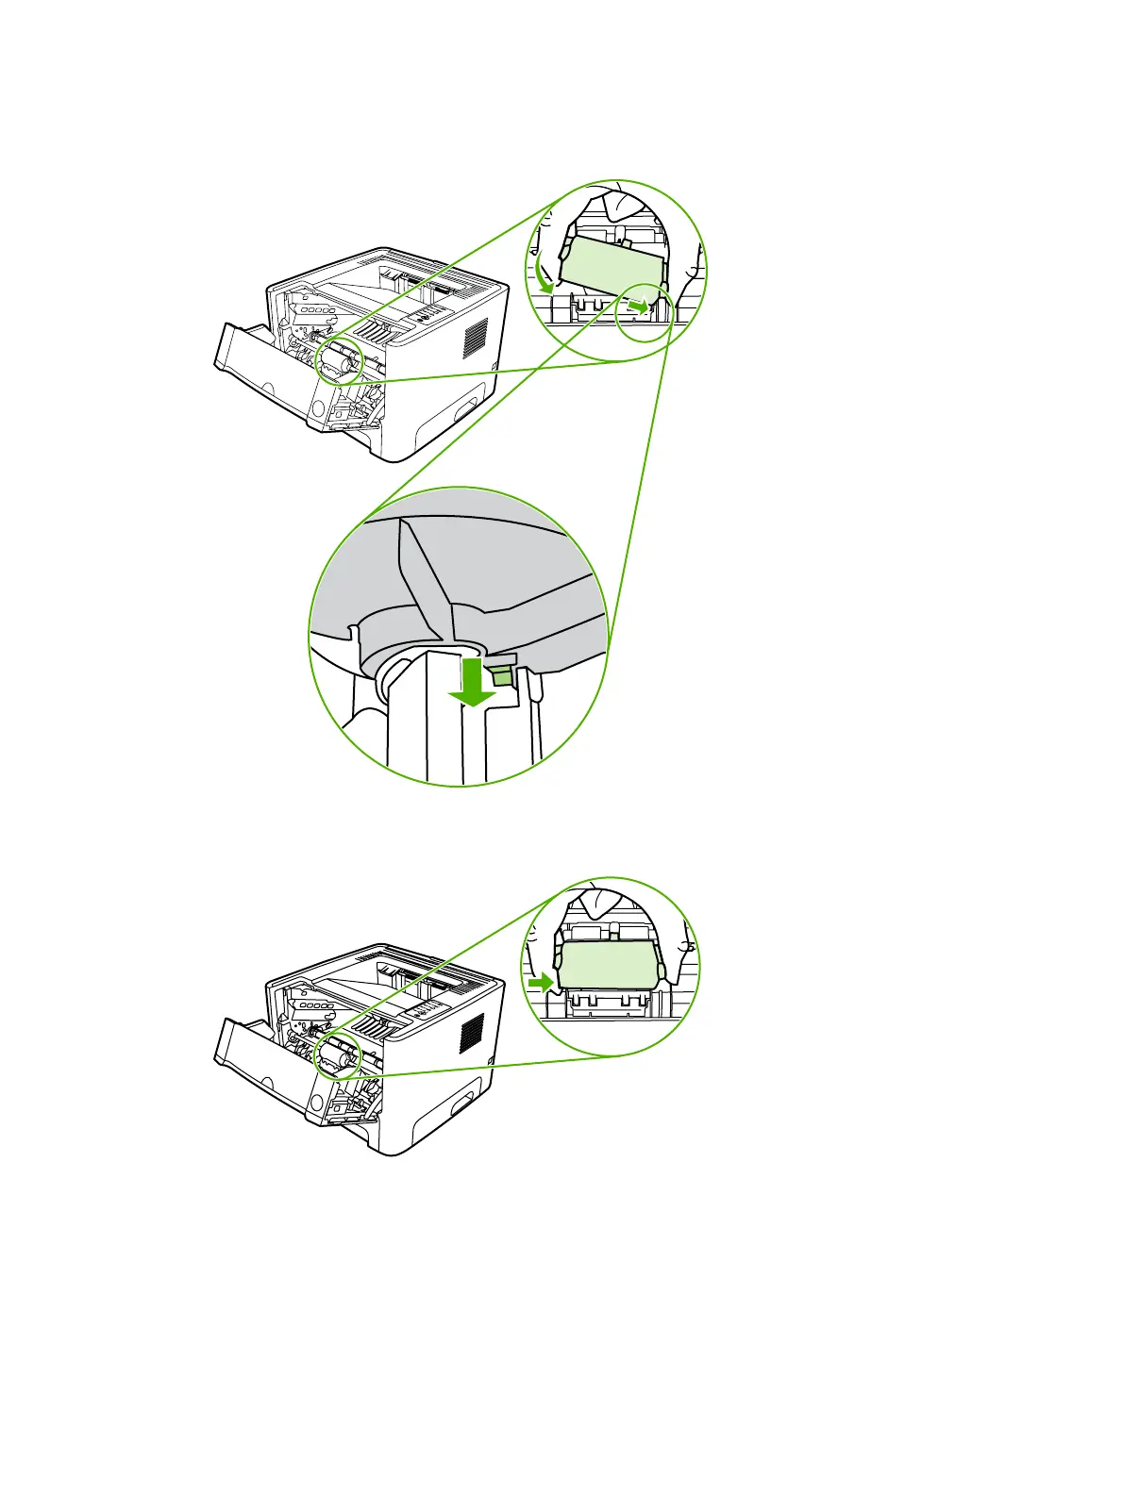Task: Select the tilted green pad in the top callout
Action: [612, 264]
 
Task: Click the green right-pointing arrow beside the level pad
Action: [541, 983]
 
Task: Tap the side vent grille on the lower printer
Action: [472, 1034]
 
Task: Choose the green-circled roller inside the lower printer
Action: [338, 1056]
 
